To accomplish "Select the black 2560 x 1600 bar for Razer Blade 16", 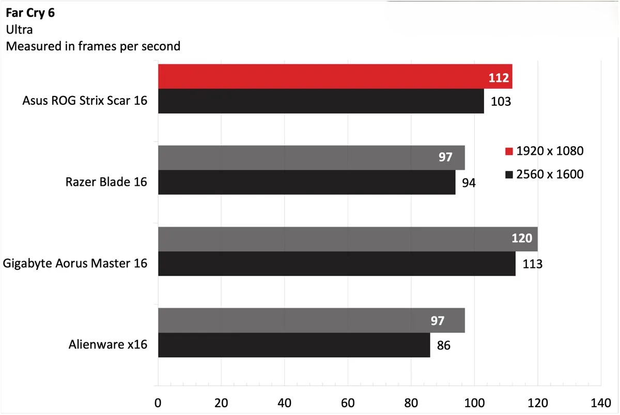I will (x=306, y=182).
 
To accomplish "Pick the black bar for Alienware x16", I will (x=293, y=345).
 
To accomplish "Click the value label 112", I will (x=499, y=78).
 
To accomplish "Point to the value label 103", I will (x=500, y=101).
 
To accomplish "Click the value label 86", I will (x=444, y=345).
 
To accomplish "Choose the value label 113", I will (x=532, y=264).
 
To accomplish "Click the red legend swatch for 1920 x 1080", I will (x=509, y=152).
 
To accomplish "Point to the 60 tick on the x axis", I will (x=348, y=403).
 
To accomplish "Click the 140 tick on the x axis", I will (x=600, y=403).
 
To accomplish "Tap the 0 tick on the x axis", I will (x=158, y=403).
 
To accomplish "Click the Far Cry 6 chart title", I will (x=30, y=13).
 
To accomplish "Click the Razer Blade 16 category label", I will (x=106, y=182).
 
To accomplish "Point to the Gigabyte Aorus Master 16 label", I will (x=75, y=264).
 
